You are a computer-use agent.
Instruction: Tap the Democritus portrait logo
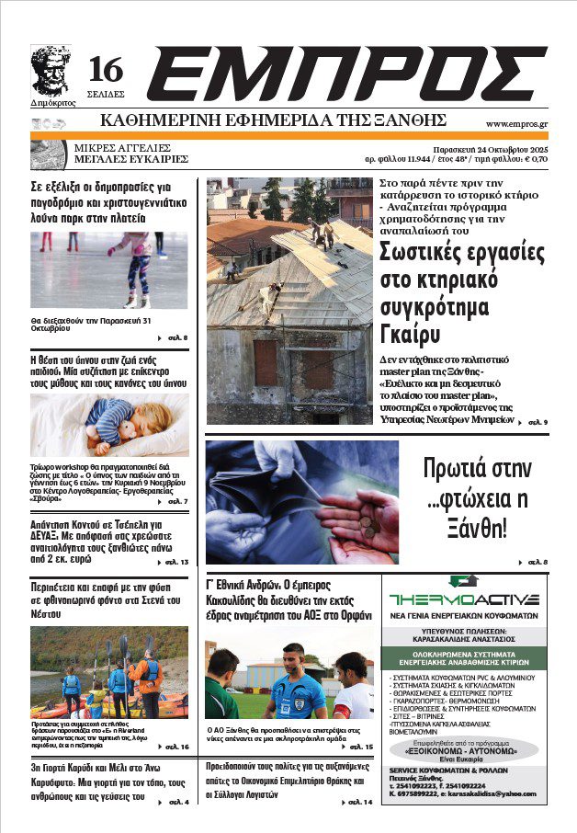tap(51, 70)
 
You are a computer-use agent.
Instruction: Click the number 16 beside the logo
tap(106, 69)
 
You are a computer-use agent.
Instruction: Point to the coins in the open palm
tap(368, 519)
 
